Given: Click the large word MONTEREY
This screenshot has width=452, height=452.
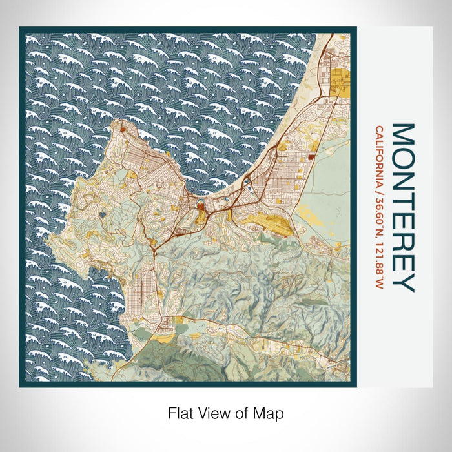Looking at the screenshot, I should pos(402,207).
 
